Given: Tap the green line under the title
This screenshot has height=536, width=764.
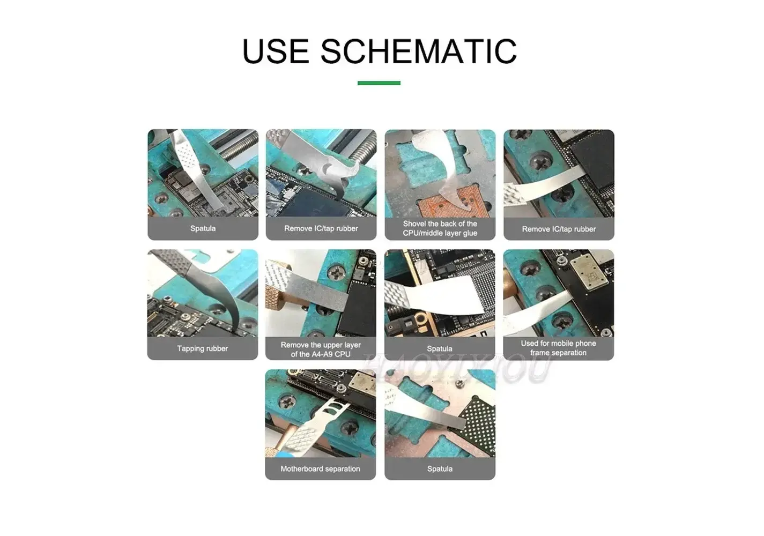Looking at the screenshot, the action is click(379, 83).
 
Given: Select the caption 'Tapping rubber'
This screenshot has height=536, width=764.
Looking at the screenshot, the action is click(202, 348).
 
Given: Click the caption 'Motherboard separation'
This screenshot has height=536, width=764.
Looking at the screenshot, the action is click(320, 469).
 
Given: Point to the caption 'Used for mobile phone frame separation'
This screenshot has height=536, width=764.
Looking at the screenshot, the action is click(558, 348).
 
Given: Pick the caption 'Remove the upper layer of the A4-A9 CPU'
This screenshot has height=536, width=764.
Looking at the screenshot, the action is click(321, 349).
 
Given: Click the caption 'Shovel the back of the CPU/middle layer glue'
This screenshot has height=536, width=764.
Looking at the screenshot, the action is click(440, 228).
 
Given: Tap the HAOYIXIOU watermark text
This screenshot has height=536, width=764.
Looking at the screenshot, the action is click(457, 368).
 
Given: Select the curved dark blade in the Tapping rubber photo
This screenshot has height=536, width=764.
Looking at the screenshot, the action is click(218, 293).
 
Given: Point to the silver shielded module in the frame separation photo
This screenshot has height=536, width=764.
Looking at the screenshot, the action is click(589, 274).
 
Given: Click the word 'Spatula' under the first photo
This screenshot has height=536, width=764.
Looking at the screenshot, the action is click(203, 228).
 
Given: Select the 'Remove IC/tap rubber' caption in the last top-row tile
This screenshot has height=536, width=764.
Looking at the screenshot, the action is click(559, 229).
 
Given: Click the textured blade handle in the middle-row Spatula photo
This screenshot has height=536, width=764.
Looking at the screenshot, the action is click(397, 296).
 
